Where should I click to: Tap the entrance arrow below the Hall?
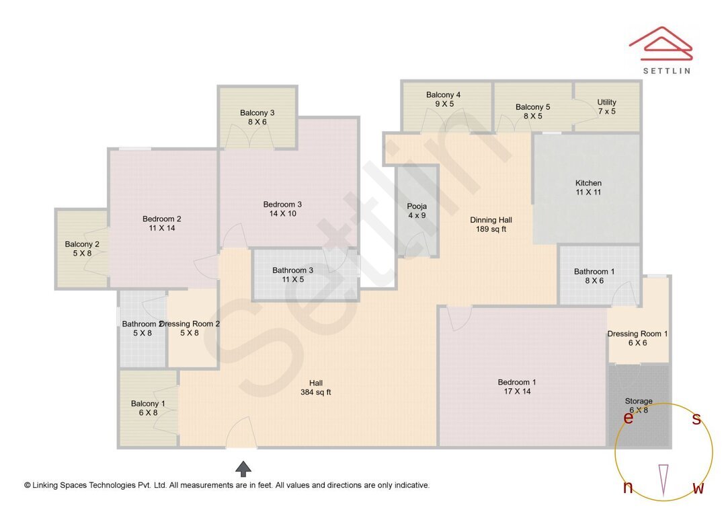243,468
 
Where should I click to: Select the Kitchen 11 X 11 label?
588,188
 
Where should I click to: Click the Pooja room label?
417,211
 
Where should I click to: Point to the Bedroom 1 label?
517,386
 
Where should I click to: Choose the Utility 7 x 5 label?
606,107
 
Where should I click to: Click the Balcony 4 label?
443,100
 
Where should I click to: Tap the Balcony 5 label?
532,111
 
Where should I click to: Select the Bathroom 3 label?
292,274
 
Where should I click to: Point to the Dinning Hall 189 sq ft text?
491,224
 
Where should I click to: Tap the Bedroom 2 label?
161,223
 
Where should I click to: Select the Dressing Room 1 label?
637,338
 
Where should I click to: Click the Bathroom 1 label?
594,277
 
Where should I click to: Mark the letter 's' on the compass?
696,419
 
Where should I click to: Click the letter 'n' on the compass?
628,488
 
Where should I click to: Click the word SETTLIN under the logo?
666,71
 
